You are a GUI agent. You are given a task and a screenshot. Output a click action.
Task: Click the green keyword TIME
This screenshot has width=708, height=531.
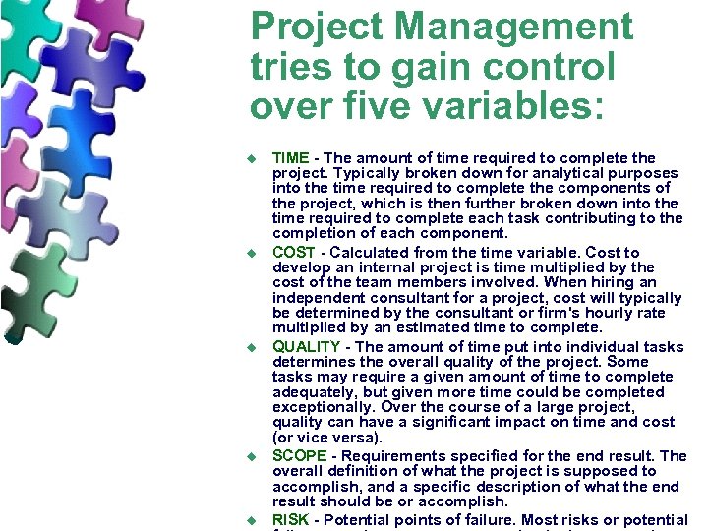coord(291,157)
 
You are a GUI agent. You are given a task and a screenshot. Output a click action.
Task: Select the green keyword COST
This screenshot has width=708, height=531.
coord(293,252)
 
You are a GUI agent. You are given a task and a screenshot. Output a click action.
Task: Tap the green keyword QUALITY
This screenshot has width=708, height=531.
coord(306,346)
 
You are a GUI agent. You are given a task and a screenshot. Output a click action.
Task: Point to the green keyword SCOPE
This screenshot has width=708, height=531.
coord(299,456)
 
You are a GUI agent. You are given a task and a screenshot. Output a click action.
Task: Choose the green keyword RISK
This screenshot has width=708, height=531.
coord(291,519)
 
